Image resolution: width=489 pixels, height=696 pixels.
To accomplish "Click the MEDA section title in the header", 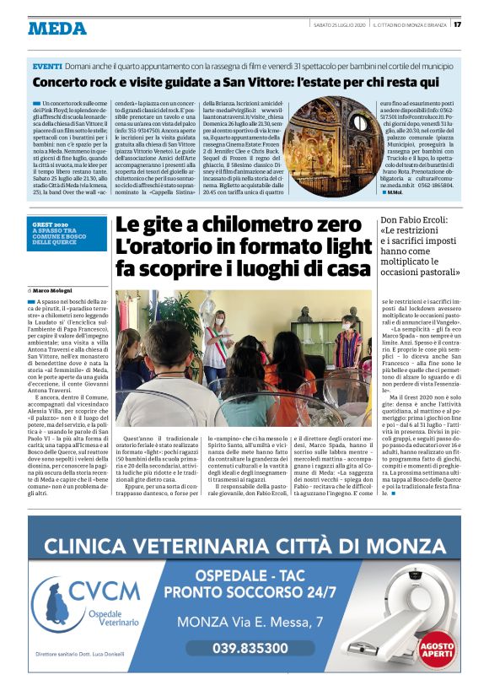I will tap(57, 29).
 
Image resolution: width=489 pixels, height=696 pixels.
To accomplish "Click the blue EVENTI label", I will tap(47, 66).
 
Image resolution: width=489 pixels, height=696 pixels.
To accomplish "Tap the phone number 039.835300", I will tap(250, 648).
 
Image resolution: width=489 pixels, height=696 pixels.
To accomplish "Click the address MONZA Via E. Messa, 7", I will tap(249, 623).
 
